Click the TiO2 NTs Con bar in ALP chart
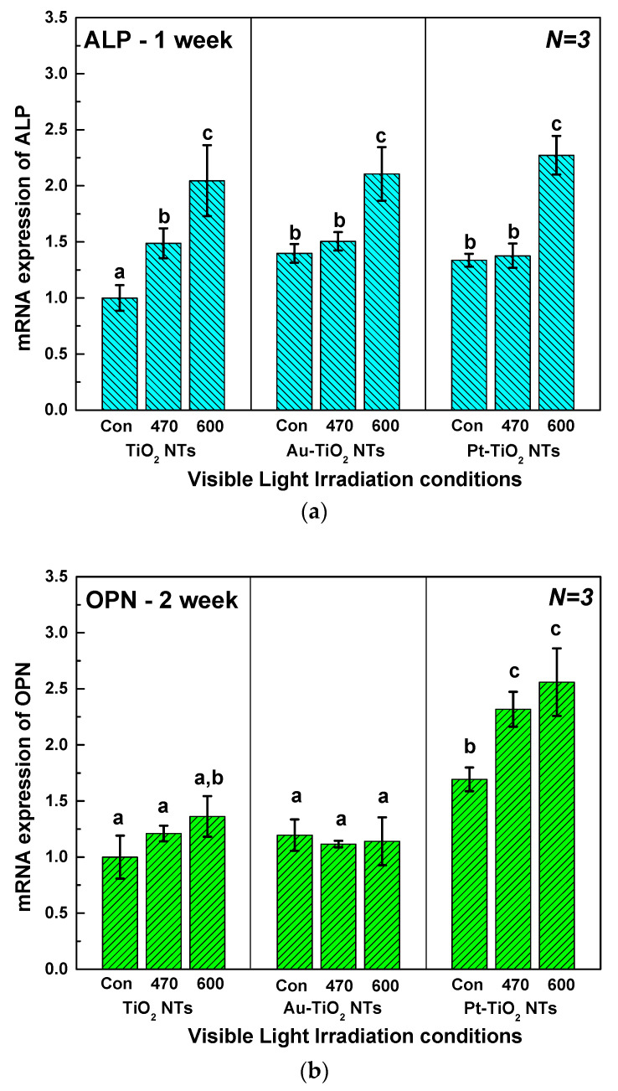coord(119,353)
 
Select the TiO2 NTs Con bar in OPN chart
coord(119,913)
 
